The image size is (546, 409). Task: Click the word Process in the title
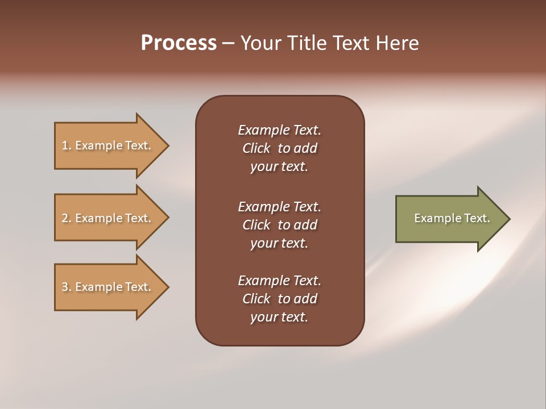tap(179, 43)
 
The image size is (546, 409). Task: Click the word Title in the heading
tap(308, 43)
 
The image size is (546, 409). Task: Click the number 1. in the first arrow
tap(67, 145)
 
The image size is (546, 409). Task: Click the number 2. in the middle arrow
tap(67, 218)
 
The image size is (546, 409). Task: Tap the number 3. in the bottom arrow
tap(67, 287)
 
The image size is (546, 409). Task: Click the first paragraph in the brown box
tap(279, 148)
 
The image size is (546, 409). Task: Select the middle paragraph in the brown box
tap(279, 225)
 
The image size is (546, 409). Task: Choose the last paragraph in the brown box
tap(279, 299)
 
